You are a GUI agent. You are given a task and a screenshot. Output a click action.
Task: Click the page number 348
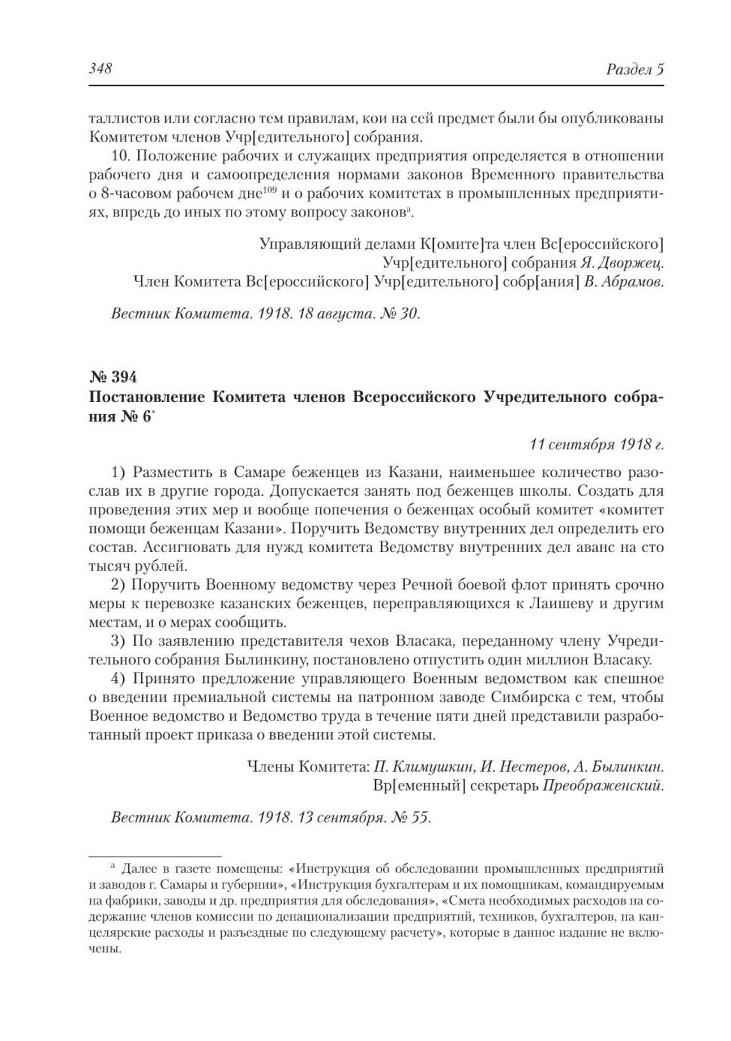point(100,69)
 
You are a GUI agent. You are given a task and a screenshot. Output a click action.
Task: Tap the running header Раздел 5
point(635,70)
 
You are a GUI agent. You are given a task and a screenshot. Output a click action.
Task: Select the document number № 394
point(112,377)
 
